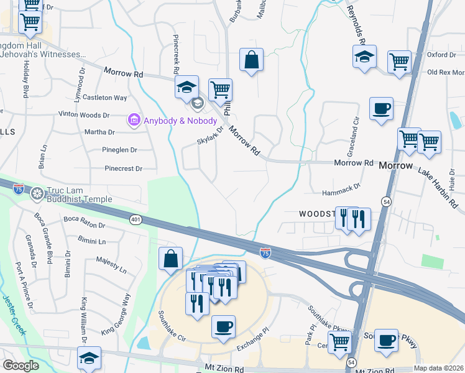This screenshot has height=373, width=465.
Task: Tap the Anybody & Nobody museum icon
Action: pos(132,120)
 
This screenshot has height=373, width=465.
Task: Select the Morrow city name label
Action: pos(395,166)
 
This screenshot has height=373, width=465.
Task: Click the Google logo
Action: pos(21,366)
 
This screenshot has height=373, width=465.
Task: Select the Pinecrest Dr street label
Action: pos(124,168)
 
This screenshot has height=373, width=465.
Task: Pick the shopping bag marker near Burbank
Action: pos(251,60)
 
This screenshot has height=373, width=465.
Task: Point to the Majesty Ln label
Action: pos(111,266)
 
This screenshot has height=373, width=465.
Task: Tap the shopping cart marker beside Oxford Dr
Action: pos(399,62)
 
